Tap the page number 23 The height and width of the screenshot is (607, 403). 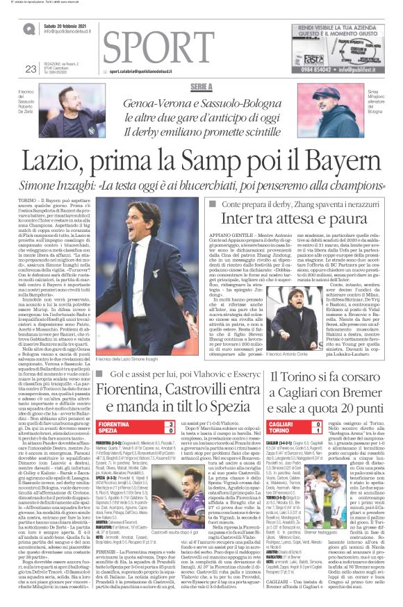point(31,68)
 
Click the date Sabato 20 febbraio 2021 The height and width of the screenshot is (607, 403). point(68,26)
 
